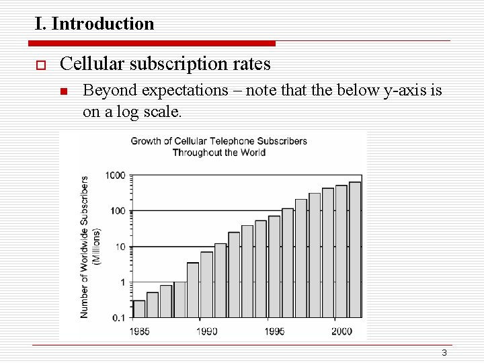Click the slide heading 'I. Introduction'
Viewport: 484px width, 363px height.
[x=95, y=24]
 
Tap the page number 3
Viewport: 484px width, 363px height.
[x=444, y=354]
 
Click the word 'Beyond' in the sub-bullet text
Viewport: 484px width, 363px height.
[x=106, y=91]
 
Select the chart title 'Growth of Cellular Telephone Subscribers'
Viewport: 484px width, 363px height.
[x=218, y=141]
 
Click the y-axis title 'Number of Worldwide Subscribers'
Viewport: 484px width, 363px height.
[x=84, y=247]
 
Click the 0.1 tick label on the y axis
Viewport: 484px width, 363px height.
[x=118, y=317]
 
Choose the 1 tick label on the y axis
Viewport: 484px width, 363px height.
[x=122, y=282]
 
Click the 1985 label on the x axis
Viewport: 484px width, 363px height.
[x=139, y=331]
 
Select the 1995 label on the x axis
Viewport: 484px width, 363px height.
[x=274, y=331]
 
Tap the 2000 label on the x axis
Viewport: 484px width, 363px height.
[x=341, y=331]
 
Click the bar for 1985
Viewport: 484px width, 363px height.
[x=139, y=309]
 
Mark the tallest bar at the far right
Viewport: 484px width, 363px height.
[x=355, y=249]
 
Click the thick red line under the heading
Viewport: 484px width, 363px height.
[x=152, y=44]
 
